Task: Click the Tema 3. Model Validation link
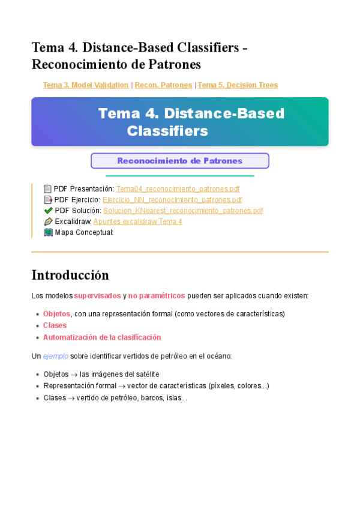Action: coord(86,85)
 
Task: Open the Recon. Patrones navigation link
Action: coord(163,85)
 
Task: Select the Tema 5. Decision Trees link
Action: coord(238,85)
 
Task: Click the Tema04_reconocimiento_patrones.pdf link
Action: coord(178,188)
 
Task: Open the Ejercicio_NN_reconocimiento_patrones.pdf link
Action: coord(172,200)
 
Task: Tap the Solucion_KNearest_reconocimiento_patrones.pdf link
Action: coord(183,211)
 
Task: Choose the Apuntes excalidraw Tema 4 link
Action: coord(137,221)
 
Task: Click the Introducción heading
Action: coord(70,275)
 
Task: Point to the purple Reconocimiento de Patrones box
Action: coord(179,161)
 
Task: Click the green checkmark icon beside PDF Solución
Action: coord(48,211)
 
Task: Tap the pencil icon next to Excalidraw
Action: coord(48,221)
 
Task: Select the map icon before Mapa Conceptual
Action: coord(48,232)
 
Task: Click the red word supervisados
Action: coord(97,296)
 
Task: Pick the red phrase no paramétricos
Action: coord(156,296)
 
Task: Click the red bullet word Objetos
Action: coord(56,314)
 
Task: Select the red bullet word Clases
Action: coord(55,325)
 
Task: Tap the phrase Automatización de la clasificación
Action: coord(102,337)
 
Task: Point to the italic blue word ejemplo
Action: coord(55,356)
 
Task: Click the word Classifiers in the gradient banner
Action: coord(167,130)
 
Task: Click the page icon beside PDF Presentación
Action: coord(48,188)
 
